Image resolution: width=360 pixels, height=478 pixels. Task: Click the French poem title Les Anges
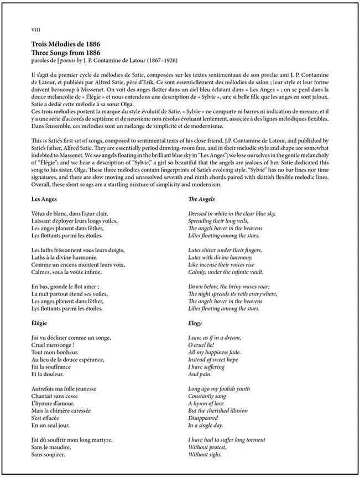[44, 199]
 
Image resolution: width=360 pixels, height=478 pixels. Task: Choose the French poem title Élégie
[41, 323]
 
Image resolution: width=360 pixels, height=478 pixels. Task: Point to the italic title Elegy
[195, 323]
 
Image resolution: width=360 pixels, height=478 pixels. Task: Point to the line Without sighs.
[205, 455]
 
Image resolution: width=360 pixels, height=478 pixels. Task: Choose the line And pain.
[201, 375]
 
